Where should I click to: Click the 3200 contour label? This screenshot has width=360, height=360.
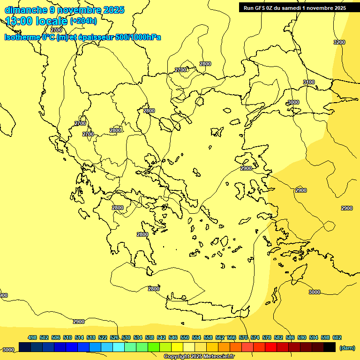pos(339,43)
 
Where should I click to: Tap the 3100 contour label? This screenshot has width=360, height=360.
pos(309,82)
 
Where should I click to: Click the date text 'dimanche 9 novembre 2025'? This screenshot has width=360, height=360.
pos(64,10)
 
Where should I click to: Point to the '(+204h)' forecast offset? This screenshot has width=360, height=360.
pos(83,21)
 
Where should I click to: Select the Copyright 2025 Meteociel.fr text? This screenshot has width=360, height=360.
pos(199,357)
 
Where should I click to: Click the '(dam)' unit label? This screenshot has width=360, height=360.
pos(347,347)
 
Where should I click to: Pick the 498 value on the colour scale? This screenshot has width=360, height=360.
pos(32,337)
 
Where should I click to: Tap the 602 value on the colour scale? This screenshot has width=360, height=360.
pos(337,337)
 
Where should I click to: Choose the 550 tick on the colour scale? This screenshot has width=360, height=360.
pos(184,337)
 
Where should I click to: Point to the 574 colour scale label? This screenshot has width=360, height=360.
pos(255,337)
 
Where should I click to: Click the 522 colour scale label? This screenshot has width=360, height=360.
pos(103,337)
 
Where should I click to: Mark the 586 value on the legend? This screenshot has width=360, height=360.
pos(290,337)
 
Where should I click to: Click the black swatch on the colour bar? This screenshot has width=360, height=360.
pos(330,347)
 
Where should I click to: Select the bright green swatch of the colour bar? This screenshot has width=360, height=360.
pos(154,347)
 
